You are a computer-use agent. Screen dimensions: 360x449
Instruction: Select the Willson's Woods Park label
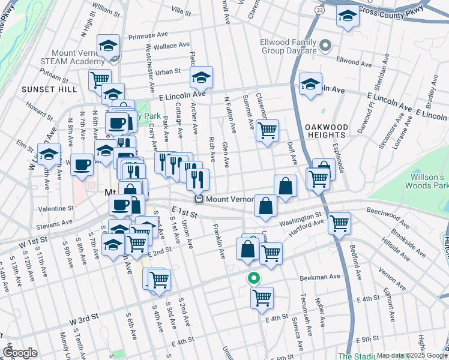(429, 182)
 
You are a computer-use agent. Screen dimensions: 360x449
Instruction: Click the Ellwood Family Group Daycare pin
(326, 45)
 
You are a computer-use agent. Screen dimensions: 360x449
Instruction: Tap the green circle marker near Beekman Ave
(254, 278)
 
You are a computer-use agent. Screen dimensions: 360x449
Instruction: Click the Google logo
(20, 353)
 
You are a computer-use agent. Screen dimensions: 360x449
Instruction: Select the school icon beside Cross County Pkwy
(347, 17)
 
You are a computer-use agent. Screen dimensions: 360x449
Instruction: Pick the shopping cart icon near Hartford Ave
(340, 223)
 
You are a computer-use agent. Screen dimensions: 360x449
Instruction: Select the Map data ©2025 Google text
(412, 355)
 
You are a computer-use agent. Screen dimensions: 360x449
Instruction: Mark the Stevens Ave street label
(55, 224)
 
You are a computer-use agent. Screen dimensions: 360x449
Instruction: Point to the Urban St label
(168, 72)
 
